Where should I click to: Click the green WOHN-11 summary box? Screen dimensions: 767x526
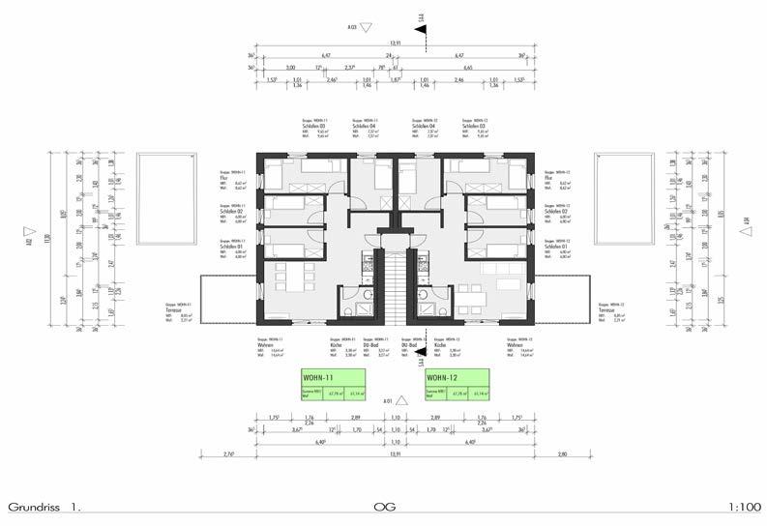click(331, 384)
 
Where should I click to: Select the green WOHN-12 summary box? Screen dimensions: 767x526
click(457, 384)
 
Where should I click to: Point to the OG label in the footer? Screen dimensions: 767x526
click(384, 507)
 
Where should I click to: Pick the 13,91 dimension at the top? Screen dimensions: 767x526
click(395, 44)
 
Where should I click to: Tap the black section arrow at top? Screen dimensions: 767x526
click(421, 29)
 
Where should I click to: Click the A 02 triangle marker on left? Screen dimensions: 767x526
click(30, 233)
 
